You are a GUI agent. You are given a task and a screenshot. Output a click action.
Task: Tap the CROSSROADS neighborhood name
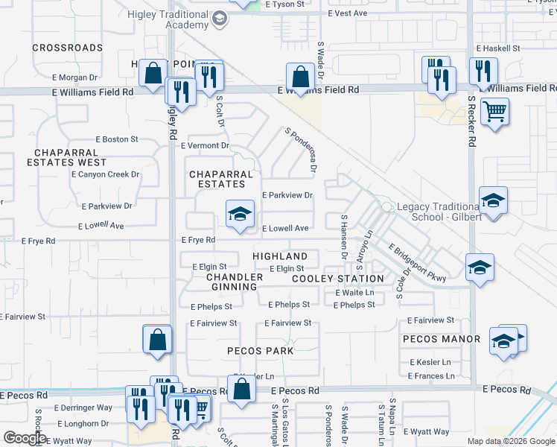(67, 48)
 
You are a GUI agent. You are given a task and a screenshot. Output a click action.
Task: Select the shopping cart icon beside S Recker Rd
(494, 114)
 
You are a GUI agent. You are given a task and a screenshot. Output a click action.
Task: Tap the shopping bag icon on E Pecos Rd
(241, 390)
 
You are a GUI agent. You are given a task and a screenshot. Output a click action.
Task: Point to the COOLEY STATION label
(337, 279)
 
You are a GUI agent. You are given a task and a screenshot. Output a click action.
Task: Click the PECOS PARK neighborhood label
(261, 350)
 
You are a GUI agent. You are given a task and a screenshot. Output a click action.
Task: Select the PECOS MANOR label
(441, 339)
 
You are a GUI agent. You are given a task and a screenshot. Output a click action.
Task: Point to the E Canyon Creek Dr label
(105, 174)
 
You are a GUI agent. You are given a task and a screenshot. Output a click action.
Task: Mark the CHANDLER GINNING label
(235, 282)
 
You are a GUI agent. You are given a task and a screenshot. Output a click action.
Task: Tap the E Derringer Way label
(83, 408)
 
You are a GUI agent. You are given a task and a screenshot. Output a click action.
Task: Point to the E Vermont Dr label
(205, 145)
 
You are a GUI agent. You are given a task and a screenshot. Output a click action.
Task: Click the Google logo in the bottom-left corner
(24, 437)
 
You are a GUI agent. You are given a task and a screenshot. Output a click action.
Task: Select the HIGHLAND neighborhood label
(280, 256)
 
